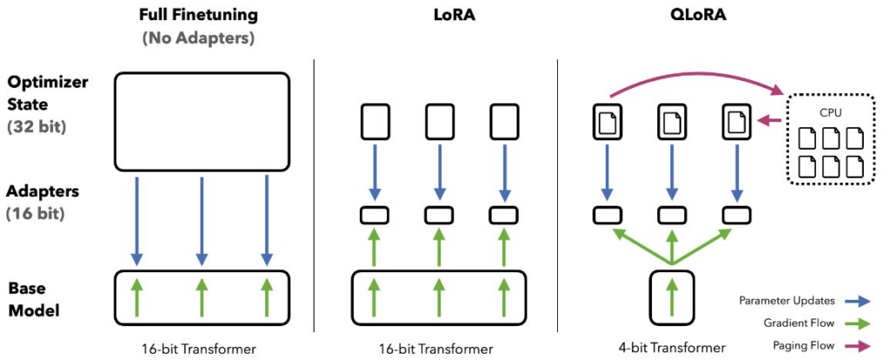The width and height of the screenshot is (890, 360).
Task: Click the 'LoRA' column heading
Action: pyautogui.click(x=433, y=15)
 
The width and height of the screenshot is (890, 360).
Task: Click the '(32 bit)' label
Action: pyautogui.click(x=39, y=127)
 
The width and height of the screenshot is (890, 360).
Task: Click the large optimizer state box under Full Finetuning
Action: pyautogui.click(x=202, y=121)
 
